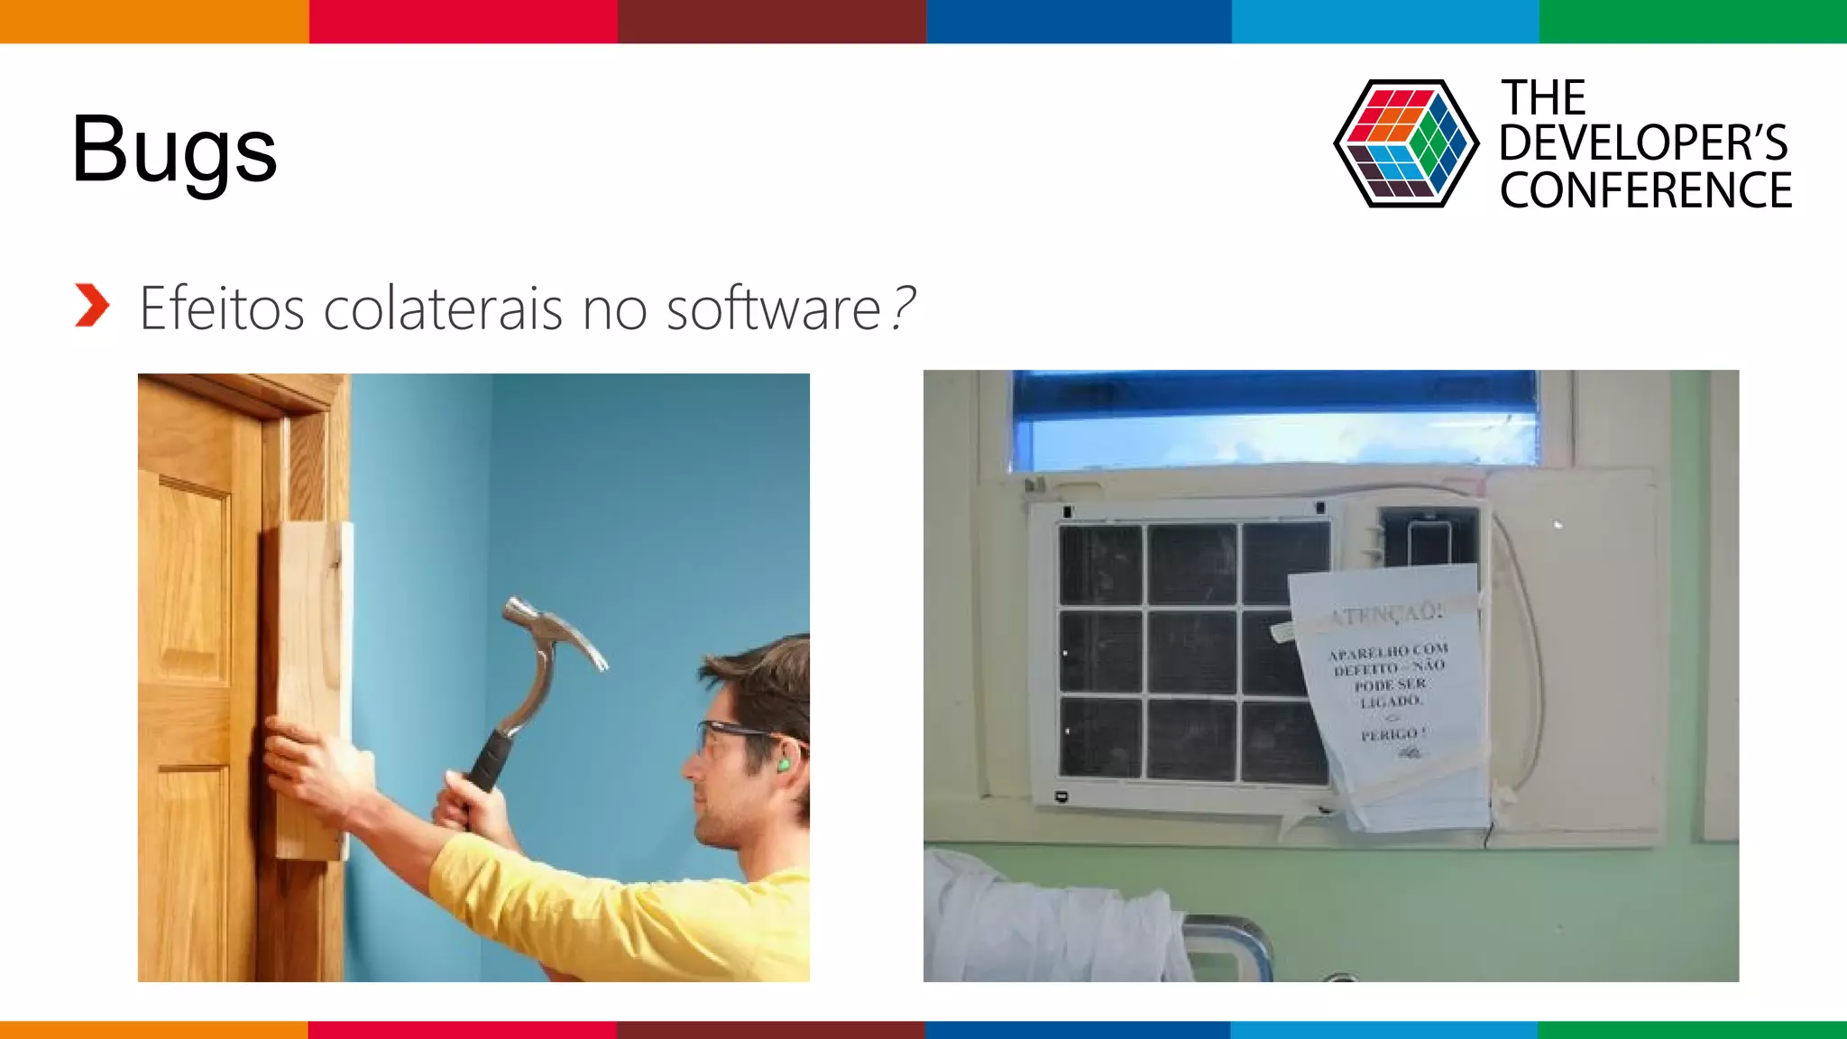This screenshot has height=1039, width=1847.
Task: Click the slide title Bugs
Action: (x=174, y=150)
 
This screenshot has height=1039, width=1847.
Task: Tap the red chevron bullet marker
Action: (x=92, y=305)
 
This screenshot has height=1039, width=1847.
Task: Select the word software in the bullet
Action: (x=773, y=308)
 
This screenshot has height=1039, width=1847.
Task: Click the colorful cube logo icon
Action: (x=1405, y=143)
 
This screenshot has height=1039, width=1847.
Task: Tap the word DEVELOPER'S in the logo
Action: (x=1643, y=143)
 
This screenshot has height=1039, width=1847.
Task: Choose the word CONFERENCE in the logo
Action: (x=1646, y=191)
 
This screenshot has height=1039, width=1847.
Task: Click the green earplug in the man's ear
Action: (x=784, y=765)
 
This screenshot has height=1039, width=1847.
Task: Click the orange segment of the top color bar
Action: (x=153, y=21)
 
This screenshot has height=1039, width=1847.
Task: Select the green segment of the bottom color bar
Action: (x=1692, y=1029)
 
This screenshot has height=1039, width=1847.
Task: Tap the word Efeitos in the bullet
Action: (x=222, y=308)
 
